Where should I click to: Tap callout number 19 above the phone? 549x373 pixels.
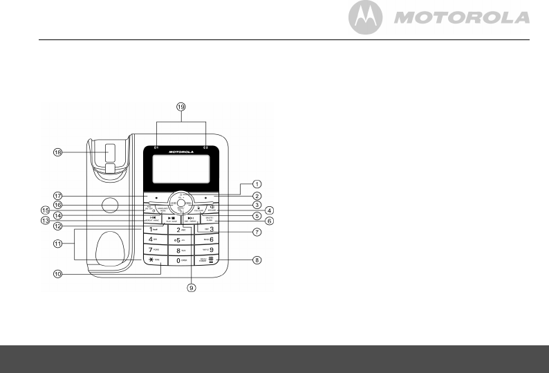[181, 109]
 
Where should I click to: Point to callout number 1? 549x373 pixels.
[257, 183]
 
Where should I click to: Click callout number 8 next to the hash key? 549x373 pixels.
[257, 261]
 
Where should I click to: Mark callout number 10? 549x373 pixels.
[59, 273]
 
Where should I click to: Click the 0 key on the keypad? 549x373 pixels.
[180, 260]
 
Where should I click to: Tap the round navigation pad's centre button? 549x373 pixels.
[180, 205]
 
